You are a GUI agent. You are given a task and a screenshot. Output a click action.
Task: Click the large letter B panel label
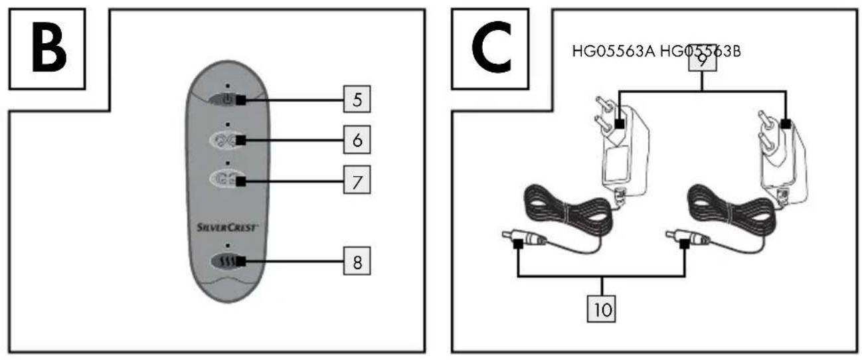tap(49, 47)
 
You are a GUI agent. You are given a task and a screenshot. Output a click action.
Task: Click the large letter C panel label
tap(492, 47)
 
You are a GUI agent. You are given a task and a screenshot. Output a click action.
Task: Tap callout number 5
tap(357, 100)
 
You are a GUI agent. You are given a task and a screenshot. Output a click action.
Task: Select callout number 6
tap(357, 139)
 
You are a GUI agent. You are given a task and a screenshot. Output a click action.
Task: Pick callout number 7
tap(357, 180)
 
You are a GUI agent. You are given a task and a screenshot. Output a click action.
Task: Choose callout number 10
tap(602, 309)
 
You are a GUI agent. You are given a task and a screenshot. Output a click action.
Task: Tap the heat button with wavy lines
tap(228, 262)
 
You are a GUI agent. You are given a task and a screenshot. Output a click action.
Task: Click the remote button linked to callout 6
tap(228, 139)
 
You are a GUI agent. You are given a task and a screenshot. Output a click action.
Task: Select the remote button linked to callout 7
tap(228, 179)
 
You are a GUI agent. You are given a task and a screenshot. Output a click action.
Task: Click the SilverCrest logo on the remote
tap(227, 228)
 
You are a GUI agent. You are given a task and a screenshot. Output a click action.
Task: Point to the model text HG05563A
tap(614, 51)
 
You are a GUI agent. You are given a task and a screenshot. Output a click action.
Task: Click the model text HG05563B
tap(701, 51)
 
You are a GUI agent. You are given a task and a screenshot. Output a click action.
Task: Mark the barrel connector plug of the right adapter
tap(688, 238)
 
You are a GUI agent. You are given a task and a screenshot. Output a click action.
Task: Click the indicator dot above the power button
tap(228, 86)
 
